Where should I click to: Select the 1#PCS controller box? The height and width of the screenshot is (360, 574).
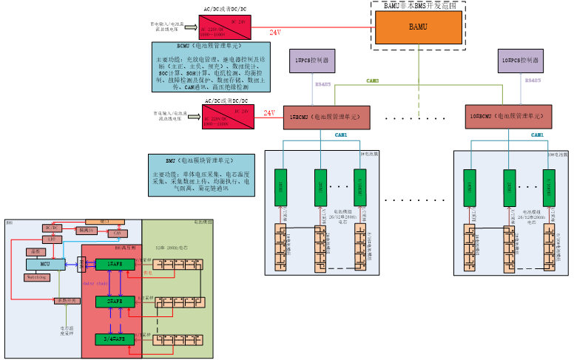pyautogui.click(x=311, y=60)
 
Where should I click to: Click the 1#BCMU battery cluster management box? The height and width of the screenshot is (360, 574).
pyautogui.click(x=325, y=116)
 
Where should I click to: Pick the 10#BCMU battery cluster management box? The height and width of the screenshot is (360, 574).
pyautogui.click(x=510, y=116)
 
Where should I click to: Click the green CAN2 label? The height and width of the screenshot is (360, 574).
pyautogui.click(x=372, y=81)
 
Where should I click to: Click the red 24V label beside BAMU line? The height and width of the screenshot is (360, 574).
pyautogui.click(x=274, y=33)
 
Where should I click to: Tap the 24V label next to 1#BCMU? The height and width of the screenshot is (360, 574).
pyautogui.click(x=269, y=113)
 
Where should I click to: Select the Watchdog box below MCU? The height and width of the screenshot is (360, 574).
pyautogui.click(x=36, y=277)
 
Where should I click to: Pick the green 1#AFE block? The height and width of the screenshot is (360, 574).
pyautogui.click(x=115, y=264)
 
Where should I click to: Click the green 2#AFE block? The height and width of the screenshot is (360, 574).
pyautogui.click(x=115, y=302)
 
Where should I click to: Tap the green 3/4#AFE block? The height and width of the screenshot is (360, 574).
pyautogui.click(x=115, y=339)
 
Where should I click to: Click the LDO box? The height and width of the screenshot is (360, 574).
pyautogui.click(x=52, y=240)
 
